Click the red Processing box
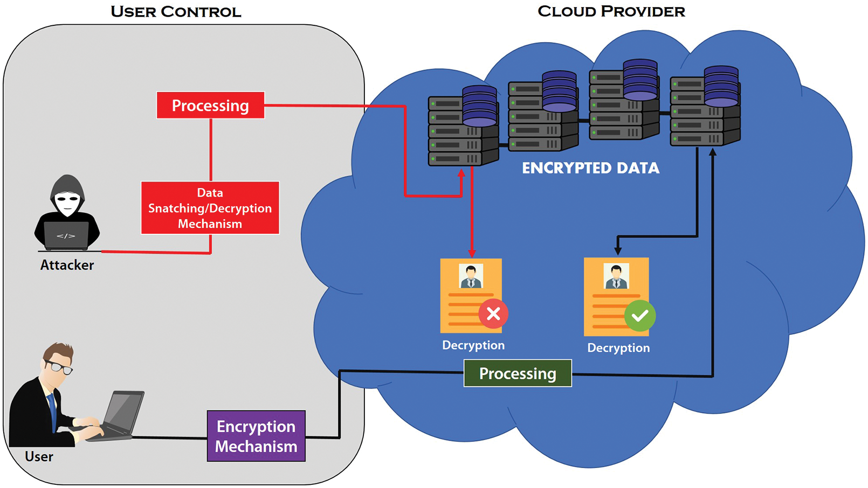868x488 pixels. pyautogui.click(x=210, y=106)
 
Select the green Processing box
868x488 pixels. pyautogui.click(x=518, y=373)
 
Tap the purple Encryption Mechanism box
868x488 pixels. pyautogui.click(x=256, y=436)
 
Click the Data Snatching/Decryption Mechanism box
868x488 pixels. pyautogui.click(x=210, y=208)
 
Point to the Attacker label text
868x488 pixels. pyautogui.click(x=67, y=265)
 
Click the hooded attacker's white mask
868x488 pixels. pyautogui.click(x=67, y=203)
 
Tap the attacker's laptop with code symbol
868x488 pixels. pyautogui.click(x=66, y=236)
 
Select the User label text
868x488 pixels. pyautogui.click(x=39, y=457)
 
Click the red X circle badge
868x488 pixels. pyautogui.click(x=493, y=314)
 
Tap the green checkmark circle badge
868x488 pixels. pyautogui.click(x=640, y=316)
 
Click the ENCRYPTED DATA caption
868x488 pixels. pyautogui.click(x=590, y=168)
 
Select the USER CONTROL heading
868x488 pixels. pyautogui.click(x=176, y=12)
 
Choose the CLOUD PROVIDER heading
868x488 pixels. pyautogui.click(x=611, y=11)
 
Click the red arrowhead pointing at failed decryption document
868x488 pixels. pyautogui.click(x=472, y=253)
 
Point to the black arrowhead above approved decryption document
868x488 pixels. pyautogui.click(x=618, y=250)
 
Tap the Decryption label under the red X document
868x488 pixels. pyautogui.click(x=473, y=345)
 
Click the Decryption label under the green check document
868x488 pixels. pyautogui.click(x=618, y=348)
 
